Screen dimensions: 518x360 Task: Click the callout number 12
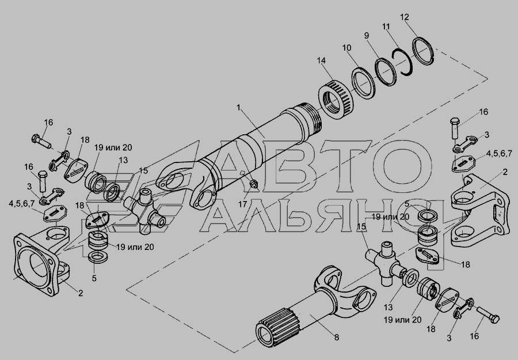click(x=405, y=17)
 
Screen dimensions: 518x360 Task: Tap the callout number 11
click(x=386, y=26)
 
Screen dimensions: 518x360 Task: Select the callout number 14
click(x=321, y=60)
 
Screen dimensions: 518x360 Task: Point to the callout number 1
click(x=238, y=108)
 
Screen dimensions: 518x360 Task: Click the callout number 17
click(x=242, y=204)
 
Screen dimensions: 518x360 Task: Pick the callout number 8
click(x=336, y=338)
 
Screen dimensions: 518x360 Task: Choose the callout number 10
click(x=346, y=48)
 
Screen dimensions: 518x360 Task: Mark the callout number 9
click(x=367, y=36)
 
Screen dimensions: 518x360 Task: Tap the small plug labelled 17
click(x=254, y=184)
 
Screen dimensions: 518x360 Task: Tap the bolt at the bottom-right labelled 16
click(x=488, y=314)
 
